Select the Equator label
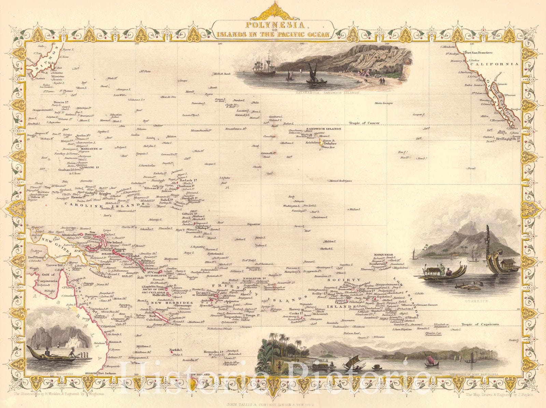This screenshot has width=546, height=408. tap(254, 224)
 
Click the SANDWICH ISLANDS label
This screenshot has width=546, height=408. tap(325, 129)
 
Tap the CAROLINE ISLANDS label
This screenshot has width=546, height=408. tap(88, 204)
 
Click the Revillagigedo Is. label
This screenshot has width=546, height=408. tap(508, 139)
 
